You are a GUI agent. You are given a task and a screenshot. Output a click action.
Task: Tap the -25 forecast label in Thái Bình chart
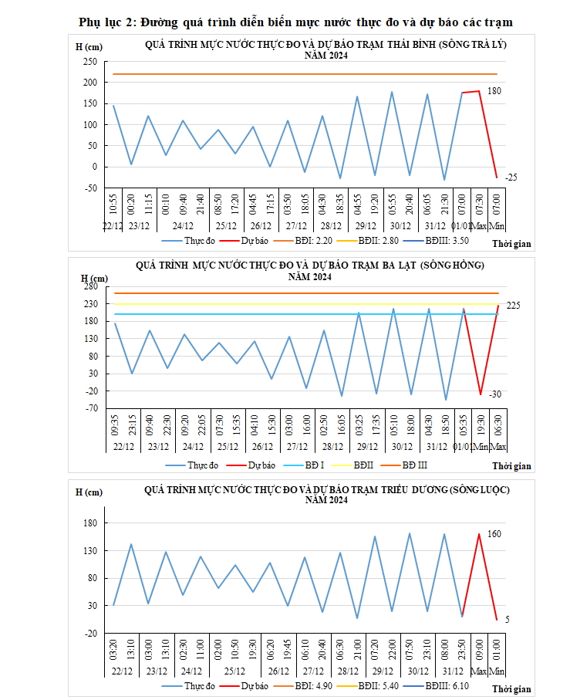point(511,178)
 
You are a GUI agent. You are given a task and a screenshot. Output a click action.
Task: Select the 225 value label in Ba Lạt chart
point(513,306)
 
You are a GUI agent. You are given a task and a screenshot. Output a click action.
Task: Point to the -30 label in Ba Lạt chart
point(494,394)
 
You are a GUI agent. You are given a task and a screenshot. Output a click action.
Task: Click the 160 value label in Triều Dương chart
point(494,534)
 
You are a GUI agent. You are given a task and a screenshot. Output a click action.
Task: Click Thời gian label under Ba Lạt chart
point(511,466)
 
